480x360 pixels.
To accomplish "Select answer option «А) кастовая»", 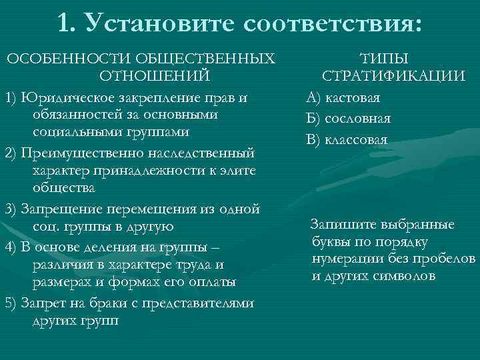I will [x=343, y=98].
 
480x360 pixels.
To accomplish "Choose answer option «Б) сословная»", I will [x=349, y=119].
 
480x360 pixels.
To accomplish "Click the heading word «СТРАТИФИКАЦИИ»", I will [x=393, y=75].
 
